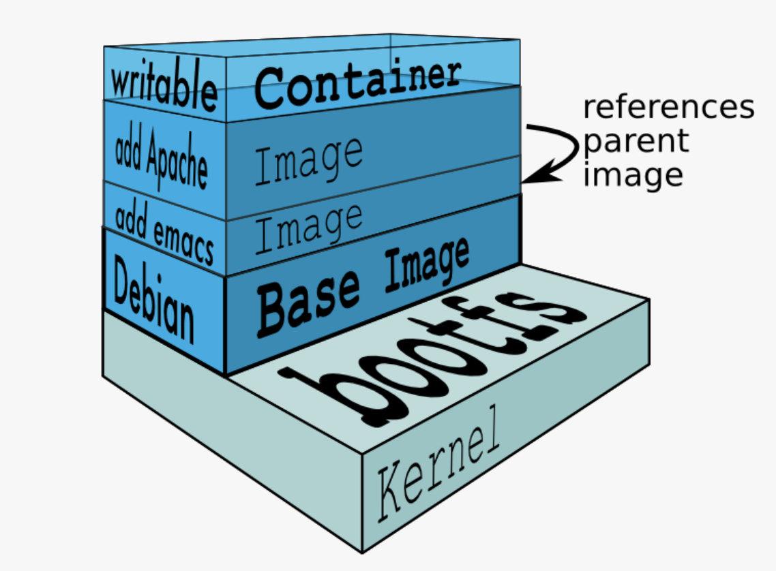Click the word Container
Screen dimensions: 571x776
[x=357, y=83]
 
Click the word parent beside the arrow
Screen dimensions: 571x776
[x=635, y=142]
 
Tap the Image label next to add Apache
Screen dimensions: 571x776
[x=308, y=159]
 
